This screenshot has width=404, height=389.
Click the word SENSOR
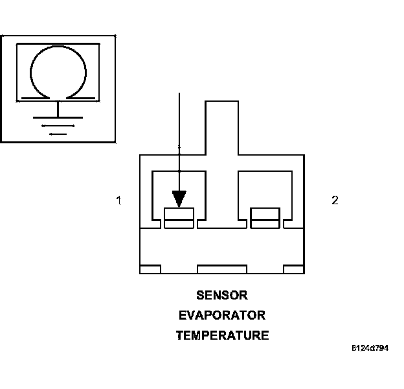221,295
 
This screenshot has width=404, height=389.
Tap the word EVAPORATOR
221,316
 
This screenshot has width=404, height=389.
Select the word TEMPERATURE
222,336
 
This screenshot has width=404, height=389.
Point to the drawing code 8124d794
370,348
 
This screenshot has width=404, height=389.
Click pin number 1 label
118,201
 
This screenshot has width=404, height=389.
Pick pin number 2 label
335,200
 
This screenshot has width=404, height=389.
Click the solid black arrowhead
179,196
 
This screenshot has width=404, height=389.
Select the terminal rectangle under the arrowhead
179,217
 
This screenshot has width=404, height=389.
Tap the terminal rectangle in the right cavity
265,217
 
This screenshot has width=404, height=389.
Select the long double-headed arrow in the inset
58,125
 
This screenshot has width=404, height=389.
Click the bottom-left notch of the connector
150,269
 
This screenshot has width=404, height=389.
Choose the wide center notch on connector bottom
222,269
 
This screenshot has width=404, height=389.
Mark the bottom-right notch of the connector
294,269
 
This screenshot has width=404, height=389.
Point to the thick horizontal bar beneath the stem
58,117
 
